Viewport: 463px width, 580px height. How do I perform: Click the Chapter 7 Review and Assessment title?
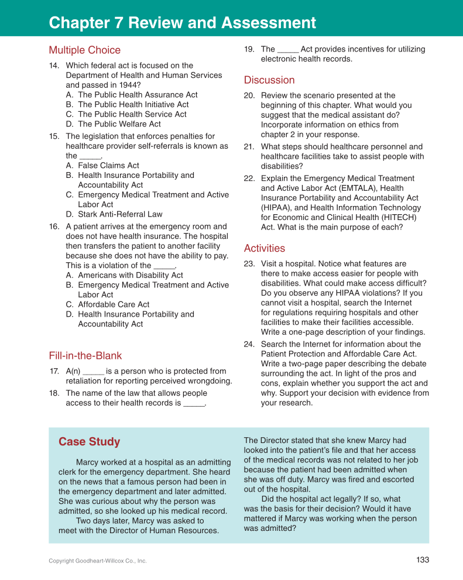pyautogui.click(x=183, y=23)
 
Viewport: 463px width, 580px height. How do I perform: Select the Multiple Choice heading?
pyautogui.click(x=84, y=50)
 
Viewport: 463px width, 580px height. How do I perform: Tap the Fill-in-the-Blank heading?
pyautogui.click(x=85, y=356)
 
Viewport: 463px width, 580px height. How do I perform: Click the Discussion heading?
pyautogui.click(x=269, y=80)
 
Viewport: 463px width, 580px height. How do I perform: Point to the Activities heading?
pyautogui.click(x=265, y=249)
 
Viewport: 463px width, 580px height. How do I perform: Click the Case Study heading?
pyautogui.click(x=89, y=442)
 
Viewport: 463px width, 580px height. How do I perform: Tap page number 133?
pyautogui.click(x=423, y=560)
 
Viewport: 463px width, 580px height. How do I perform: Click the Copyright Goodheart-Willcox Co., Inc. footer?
pyautogui.click(x=98, y=561)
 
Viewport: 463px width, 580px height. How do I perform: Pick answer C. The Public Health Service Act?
pyautogui.click(x=132, y=114)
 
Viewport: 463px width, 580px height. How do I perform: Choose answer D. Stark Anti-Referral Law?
pyautogui.click(x=120, y=214)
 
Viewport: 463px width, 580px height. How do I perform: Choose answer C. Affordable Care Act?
pyautogui.click(x=114, y=304)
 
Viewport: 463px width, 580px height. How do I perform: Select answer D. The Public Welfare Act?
pyautogui.click(x=119, y=124)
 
